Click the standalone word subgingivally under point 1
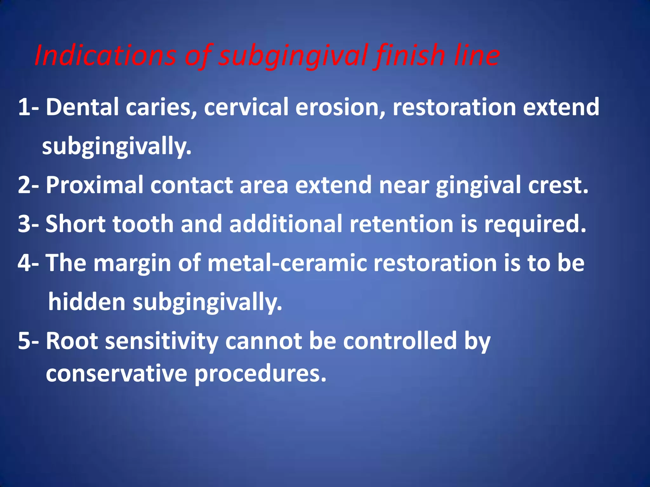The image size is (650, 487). coord(117,146)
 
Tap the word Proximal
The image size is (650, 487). coord(95,185)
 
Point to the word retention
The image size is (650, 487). coord(401,224)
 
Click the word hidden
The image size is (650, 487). coord(87,302)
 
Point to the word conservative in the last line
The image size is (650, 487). coord(116,374)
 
